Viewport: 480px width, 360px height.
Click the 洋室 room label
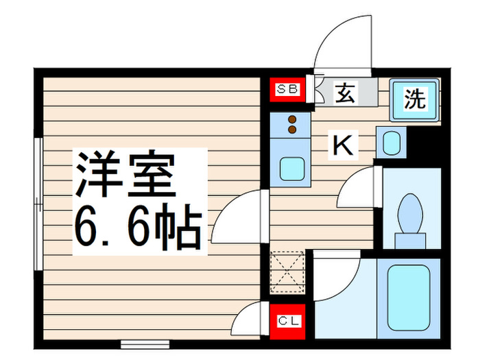[126, 173]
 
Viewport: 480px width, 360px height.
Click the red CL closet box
[287, 321]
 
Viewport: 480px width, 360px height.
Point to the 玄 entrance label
[345, 93]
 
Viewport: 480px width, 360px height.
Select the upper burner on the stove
[293, 119]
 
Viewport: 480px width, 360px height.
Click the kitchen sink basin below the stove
[291, 167]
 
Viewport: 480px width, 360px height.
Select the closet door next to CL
[250, 316]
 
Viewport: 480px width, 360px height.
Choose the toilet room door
[358, 189]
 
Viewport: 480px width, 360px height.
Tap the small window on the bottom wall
[140, 341]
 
